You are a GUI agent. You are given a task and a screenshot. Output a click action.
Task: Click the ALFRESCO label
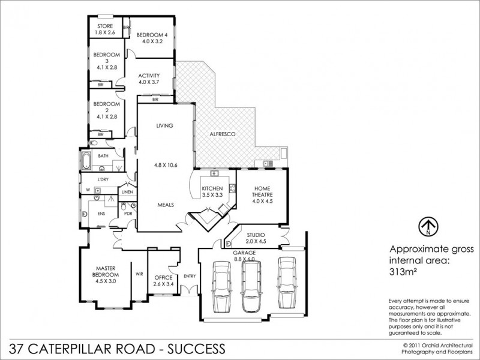click(221, 134)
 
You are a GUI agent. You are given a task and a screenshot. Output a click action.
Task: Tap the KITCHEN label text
click(212, 190)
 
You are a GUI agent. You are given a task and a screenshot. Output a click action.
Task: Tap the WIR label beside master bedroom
click(139, 274)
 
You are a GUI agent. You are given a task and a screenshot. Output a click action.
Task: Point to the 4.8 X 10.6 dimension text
click(164, 164)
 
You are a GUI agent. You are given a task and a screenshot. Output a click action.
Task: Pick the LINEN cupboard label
click(127, 192)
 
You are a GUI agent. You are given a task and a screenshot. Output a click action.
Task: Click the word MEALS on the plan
click(164, 205)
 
